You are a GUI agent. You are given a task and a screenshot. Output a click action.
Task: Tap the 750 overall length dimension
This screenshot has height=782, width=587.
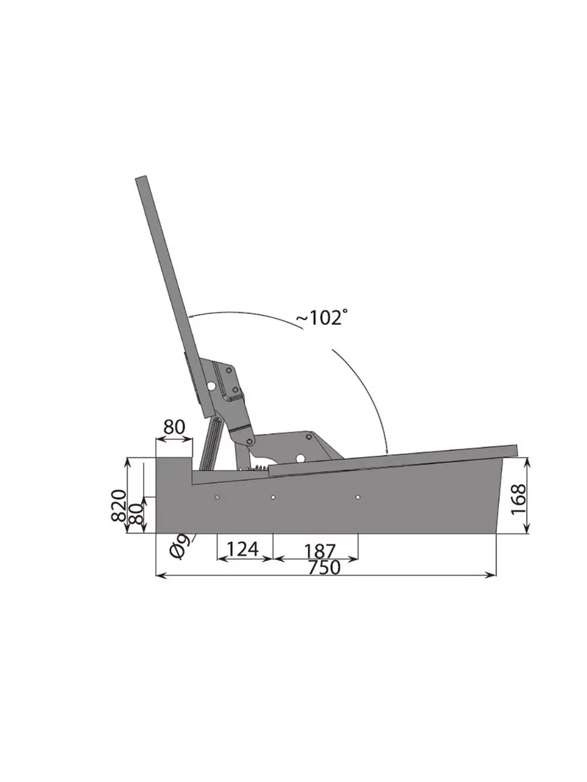click(x=324, y=567)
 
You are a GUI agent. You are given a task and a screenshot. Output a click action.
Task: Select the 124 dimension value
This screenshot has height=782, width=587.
click(x=242, y=549)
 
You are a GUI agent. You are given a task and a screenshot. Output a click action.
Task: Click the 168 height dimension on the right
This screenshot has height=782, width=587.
click(x=518, y=499)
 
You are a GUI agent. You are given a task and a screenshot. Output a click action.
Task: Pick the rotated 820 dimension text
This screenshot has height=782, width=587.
click(x=119, y=506)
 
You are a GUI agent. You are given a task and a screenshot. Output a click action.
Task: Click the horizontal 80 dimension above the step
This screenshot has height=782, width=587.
click(x=174, y=427)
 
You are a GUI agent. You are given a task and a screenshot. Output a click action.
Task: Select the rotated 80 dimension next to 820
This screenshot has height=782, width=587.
click(x=136, y=513)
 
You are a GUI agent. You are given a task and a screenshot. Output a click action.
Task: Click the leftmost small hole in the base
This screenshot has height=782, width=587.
click(x=217, y=497)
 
